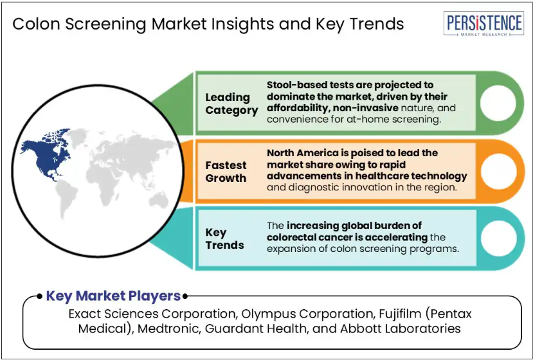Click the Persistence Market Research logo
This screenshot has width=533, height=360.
(x=483, y=23)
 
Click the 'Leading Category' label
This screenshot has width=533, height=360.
(x=231, y=104)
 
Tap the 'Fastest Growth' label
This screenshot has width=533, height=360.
(x=226, y=172)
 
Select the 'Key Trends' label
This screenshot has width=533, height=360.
(x=224, y=239)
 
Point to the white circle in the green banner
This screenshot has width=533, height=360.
(x=498, y=104)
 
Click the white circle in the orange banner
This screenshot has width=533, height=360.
(x=499, y=172)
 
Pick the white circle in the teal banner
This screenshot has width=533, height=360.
(x=499, y=239)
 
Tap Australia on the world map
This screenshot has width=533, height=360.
(x=159, y=199)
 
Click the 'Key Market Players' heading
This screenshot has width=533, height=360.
(x=113, y=296)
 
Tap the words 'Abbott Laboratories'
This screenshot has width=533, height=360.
(x=401, y=328)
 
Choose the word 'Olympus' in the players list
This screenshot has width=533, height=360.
(x=264, y=314)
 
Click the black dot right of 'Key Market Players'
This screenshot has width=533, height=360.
(x=185, y=296)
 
